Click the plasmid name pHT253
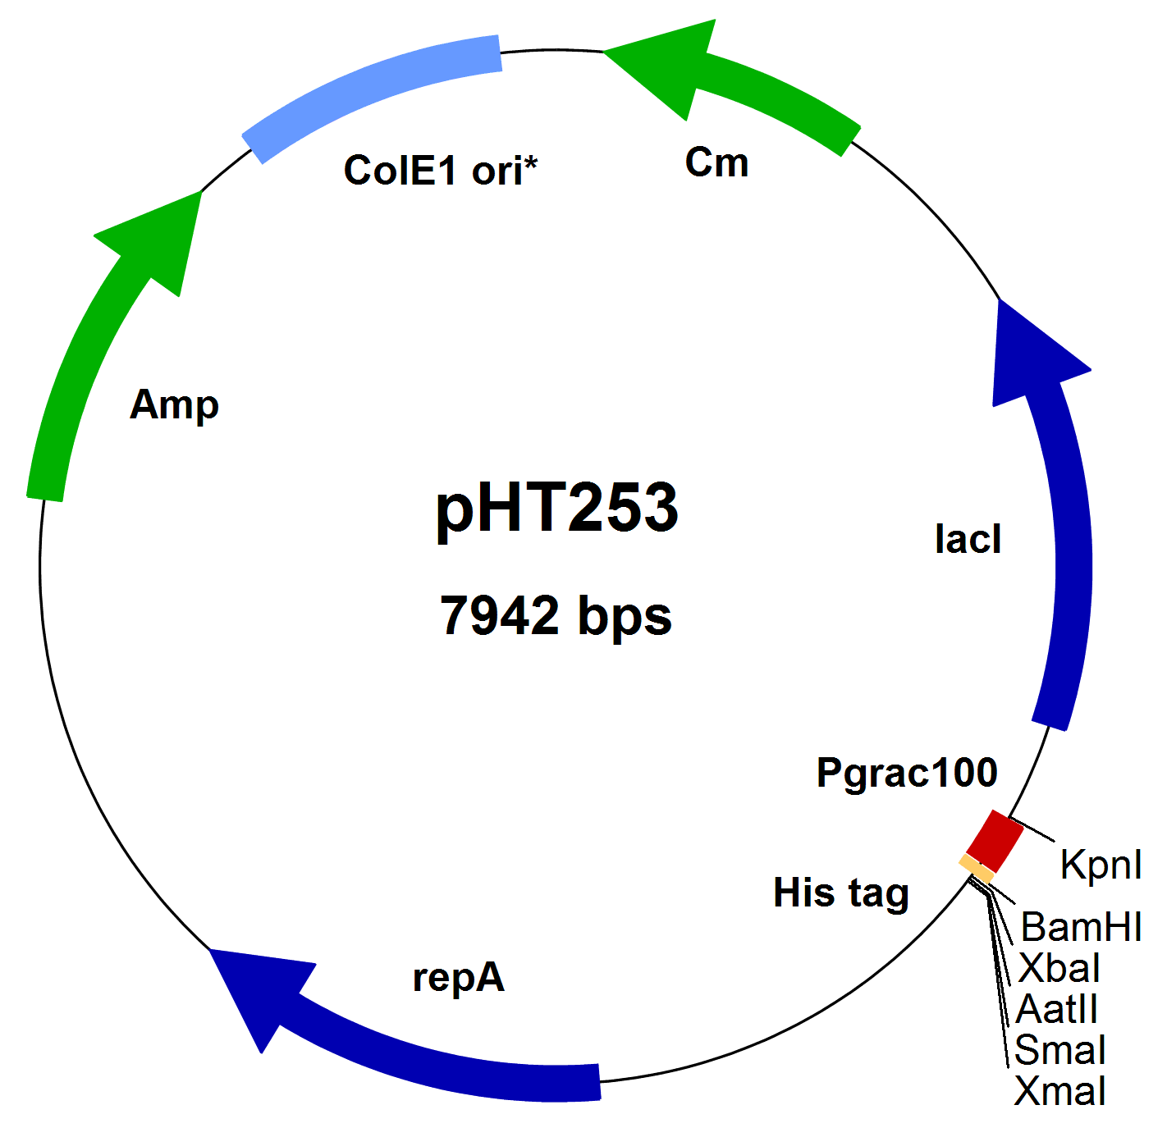tap(557, 509)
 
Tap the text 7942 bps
tap(556, 615)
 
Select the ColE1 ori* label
tap(441, 171)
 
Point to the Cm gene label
tap(716, 162)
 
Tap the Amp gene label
tap(174, 404)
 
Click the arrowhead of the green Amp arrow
tap(160, 238)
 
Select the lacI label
tap(968, 540)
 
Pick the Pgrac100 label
tap(907, 773)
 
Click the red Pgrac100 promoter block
tap(995, 841)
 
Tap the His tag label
tap(841, 893)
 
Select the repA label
tap(458, 977)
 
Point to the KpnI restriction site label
tap(1101, 865)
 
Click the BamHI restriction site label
tap(1081, 928)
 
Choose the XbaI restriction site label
tap(1059, 969)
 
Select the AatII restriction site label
tap(1056, 1010)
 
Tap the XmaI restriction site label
tap(1059, 1092)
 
